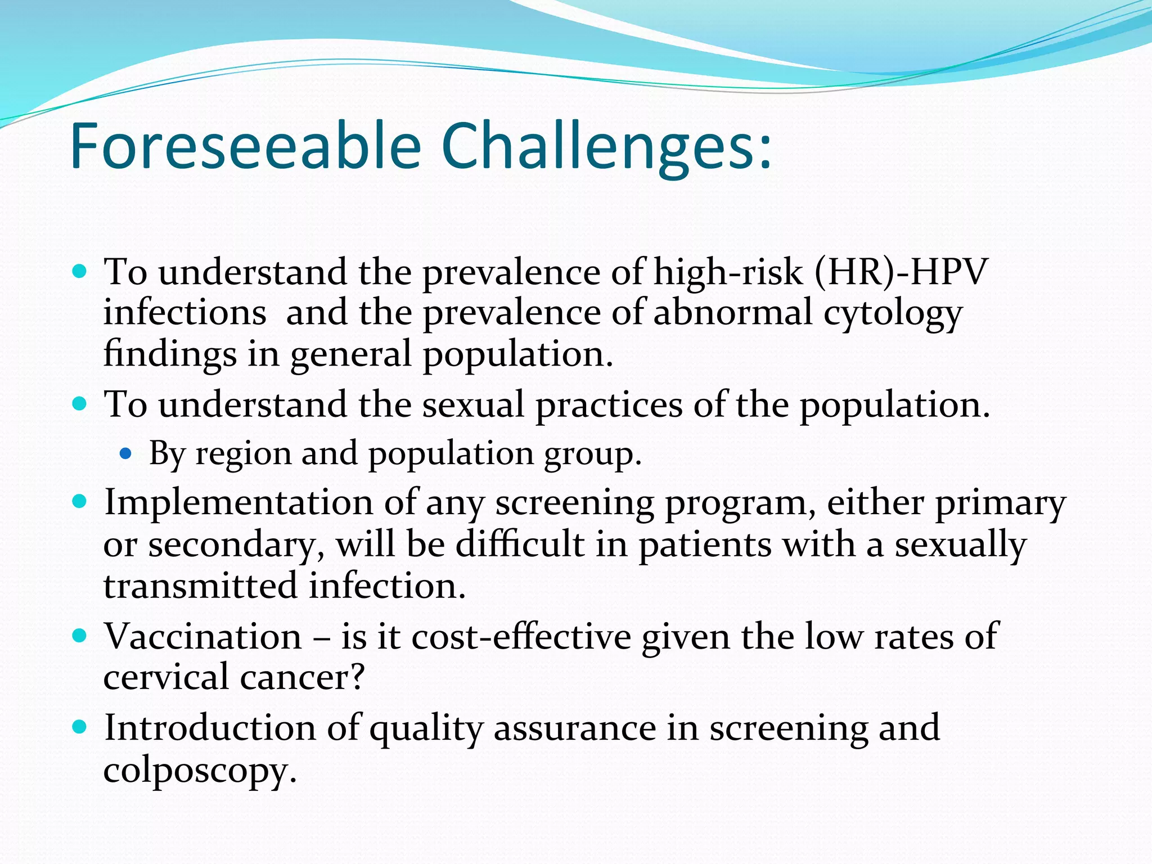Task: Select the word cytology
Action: tap(893, 314)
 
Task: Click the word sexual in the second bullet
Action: tap(473, 405)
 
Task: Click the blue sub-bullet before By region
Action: tap(125, 453)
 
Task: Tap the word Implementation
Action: tap(238, 502)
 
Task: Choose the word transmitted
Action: tap(200, 586)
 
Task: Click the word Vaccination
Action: tap(203, 637)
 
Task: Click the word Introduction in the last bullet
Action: tap(210, 728)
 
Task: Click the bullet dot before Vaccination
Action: tap(79, 636)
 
